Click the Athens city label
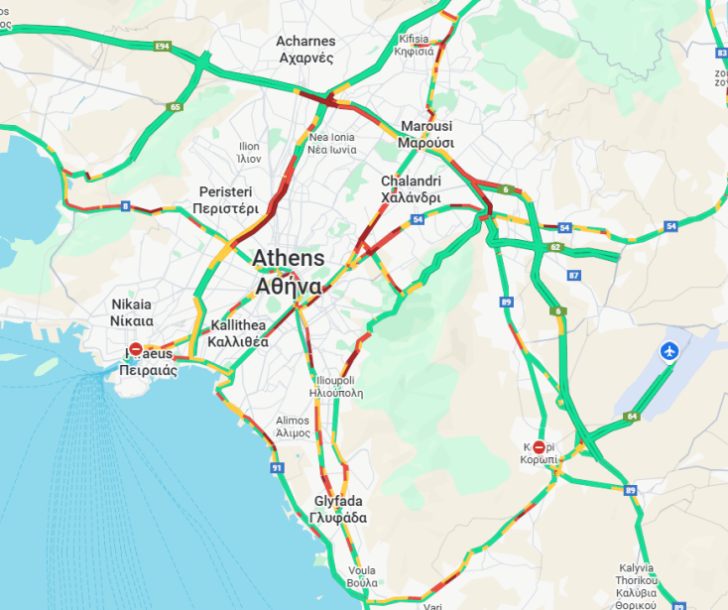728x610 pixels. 288,272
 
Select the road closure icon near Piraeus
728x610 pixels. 136,349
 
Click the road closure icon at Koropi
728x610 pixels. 540,447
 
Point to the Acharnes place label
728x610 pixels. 306,50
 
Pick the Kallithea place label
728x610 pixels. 239,333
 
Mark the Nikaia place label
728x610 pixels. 132,312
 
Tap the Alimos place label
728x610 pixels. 293,427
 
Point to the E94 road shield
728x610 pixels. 164,47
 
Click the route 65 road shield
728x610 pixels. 176,107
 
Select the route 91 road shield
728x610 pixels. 277,466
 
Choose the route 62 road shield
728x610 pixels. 555,247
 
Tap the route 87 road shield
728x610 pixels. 574,275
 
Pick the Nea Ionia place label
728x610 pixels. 331,143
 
